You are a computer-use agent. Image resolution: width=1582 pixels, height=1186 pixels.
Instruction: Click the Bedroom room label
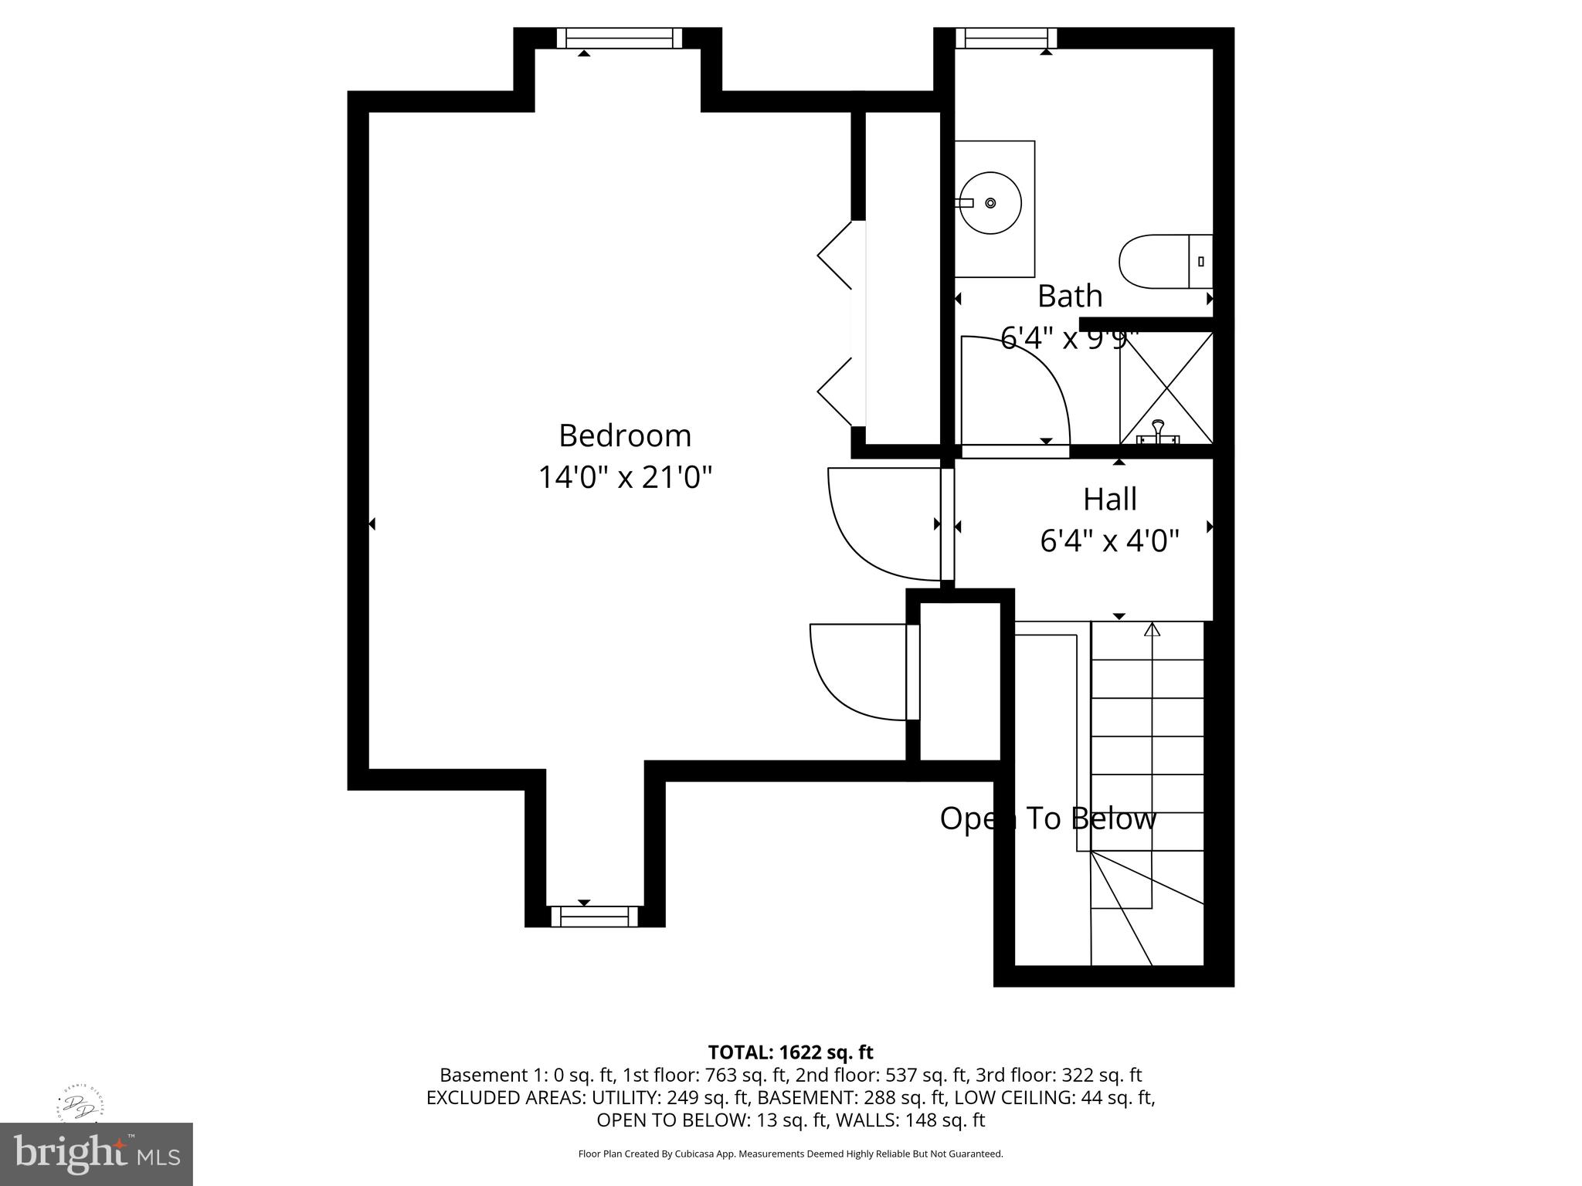point(624,435)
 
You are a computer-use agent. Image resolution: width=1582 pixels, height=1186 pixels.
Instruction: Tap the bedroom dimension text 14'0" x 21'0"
point(624,477)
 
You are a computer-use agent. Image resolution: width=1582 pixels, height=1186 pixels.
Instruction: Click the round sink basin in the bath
point(990,203)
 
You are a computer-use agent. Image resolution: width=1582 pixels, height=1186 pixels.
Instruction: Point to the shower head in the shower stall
point(1158,426)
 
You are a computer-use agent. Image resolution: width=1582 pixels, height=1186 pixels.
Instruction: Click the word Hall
point(1109,500)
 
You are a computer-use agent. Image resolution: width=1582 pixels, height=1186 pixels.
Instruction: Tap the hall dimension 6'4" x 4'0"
point(1109,541)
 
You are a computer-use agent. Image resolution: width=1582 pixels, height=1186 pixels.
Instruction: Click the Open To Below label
point(1047,818)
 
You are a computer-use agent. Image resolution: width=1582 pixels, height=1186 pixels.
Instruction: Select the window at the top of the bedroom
point(619,38)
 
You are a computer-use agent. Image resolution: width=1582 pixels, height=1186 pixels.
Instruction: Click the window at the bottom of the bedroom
point(594,917)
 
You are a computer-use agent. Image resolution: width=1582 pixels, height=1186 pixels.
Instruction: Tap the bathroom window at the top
point(1006,38)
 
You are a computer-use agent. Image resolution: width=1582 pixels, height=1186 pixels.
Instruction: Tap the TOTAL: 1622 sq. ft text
point(790,1052)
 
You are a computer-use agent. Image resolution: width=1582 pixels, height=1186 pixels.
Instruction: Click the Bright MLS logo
point(97,1154)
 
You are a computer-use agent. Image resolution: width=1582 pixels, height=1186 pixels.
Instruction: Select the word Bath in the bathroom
point(1069,296)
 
